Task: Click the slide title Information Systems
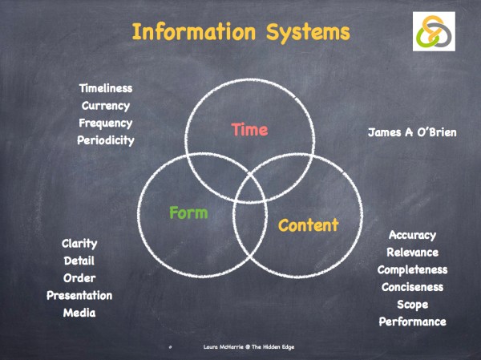coord(240,33)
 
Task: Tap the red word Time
coord(249,129)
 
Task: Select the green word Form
coord(188,212)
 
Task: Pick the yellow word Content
coord(308,225)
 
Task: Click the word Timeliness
coord(106,88)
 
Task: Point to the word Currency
coord(106,105)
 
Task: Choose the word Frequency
coord(106,123)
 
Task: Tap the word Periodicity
coord(106,140)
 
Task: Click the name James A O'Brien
coord(412,131)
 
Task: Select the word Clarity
coord(79,243)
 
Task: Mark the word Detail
coord(79,261)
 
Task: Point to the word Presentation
coord(79,295)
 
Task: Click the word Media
coord(79,313)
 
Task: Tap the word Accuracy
coord(412,235)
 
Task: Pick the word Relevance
coord(412,253)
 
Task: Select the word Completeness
coord(412,269)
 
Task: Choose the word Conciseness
coord(412,287)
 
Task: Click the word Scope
coord(412,305)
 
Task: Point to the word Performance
coord(412,322)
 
